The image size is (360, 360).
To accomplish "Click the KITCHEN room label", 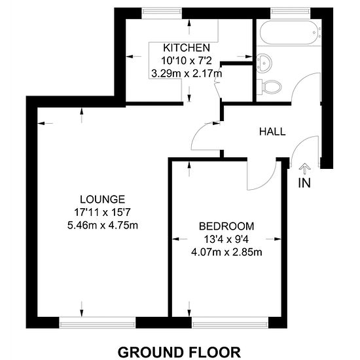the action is [187, 48].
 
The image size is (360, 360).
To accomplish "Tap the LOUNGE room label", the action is [102, 199].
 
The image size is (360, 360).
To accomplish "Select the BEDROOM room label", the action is [226, 226].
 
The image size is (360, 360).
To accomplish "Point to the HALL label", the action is [272, 132].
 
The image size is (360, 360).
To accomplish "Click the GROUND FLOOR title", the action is [179, 352].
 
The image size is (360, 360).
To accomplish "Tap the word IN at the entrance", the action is [304, 183].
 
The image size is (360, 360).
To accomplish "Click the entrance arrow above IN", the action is [304, 169].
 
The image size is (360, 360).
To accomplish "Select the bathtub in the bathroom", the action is [291, 32].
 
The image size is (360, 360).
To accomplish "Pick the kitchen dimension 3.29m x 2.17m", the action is [187, 74].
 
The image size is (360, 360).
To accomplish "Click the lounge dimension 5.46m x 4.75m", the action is [103, 225].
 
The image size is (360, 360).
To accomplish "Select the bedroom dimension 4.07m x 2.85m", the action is [226, 253].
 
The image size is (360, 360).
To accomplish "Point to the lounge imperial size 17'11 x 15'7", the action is [102, 212].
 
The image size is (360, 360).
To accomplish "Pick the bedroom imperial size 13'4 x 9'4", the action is [226, 240].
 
